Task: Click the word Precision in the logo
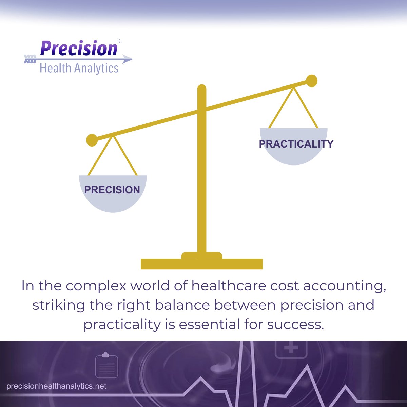79,49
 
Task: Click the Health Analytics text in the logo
79,68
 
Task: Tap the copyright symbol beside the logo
119,41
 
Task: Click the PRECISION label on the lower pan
112,190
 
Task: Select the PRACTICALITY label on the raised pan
296,144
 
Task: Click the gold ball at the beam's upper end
311,81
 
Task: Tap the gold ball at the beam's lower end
92,140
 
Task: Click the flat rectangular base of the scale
202,264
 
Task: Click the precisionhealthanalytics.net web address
57,386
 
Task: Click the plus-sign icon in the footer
291,348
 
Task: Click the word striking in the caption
59,305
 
